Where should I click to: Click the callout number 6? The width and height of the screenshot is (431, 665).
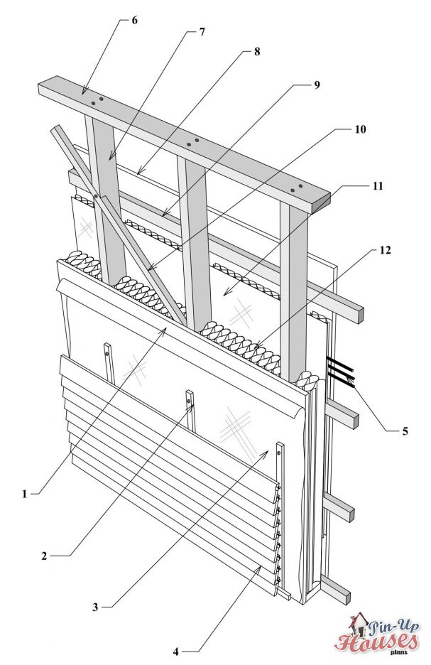134,19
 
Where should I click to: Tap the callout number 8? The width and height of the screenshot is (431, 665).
256,53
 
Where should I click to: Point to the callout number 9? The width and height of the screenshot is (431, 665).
316,85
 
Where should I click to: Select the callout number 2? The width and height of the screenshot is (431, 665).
44,556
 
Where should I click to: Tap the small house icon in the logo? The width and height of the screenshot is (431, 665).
361,623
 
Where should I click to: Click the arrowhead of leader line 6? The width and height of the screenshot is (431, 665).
82,93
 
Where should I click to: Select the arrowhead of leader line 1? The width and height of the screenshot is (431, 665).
168,327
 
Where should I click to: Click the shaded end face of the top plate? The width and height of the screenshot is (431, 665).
324,202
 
